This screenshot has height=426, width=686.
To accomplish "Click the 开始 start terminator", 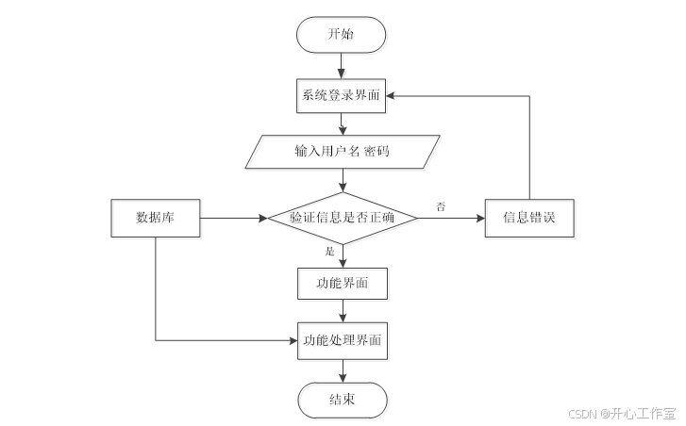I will (342, 35).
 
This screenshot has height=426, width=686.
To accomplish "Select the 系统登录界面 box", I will (342, 95).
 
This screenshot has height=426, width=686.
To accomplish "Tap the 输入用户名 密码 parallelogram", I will (342, 151).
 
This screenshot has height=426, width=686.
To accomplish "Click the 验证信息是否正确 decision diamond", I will (342, 219).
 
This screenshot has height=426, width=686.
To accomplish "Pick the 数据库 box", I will (155, 218).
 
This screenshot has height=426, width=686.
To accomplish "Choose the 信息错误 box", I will (528, 218).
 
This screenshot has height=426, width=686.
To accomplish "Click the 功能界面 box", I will (342, 282).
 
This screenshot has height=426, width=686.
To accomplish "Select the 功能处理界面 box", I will (342, 340).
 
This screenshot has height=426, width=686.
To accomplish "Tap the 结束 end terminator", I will (342, 400).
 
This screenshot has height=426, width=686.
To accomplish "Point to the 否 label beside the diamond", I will (441, 205).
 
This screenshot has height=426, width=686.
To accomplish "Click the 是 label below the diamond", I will (330, 253).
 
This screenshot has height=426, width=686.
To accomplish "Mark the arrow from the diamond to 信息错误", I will (451, 219).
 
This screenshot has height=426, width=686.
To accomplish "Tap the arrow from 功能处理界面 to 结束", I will (342, 370).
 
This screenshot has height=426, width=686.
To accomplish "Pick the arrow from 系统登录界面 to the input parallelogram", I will (342, 123).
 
